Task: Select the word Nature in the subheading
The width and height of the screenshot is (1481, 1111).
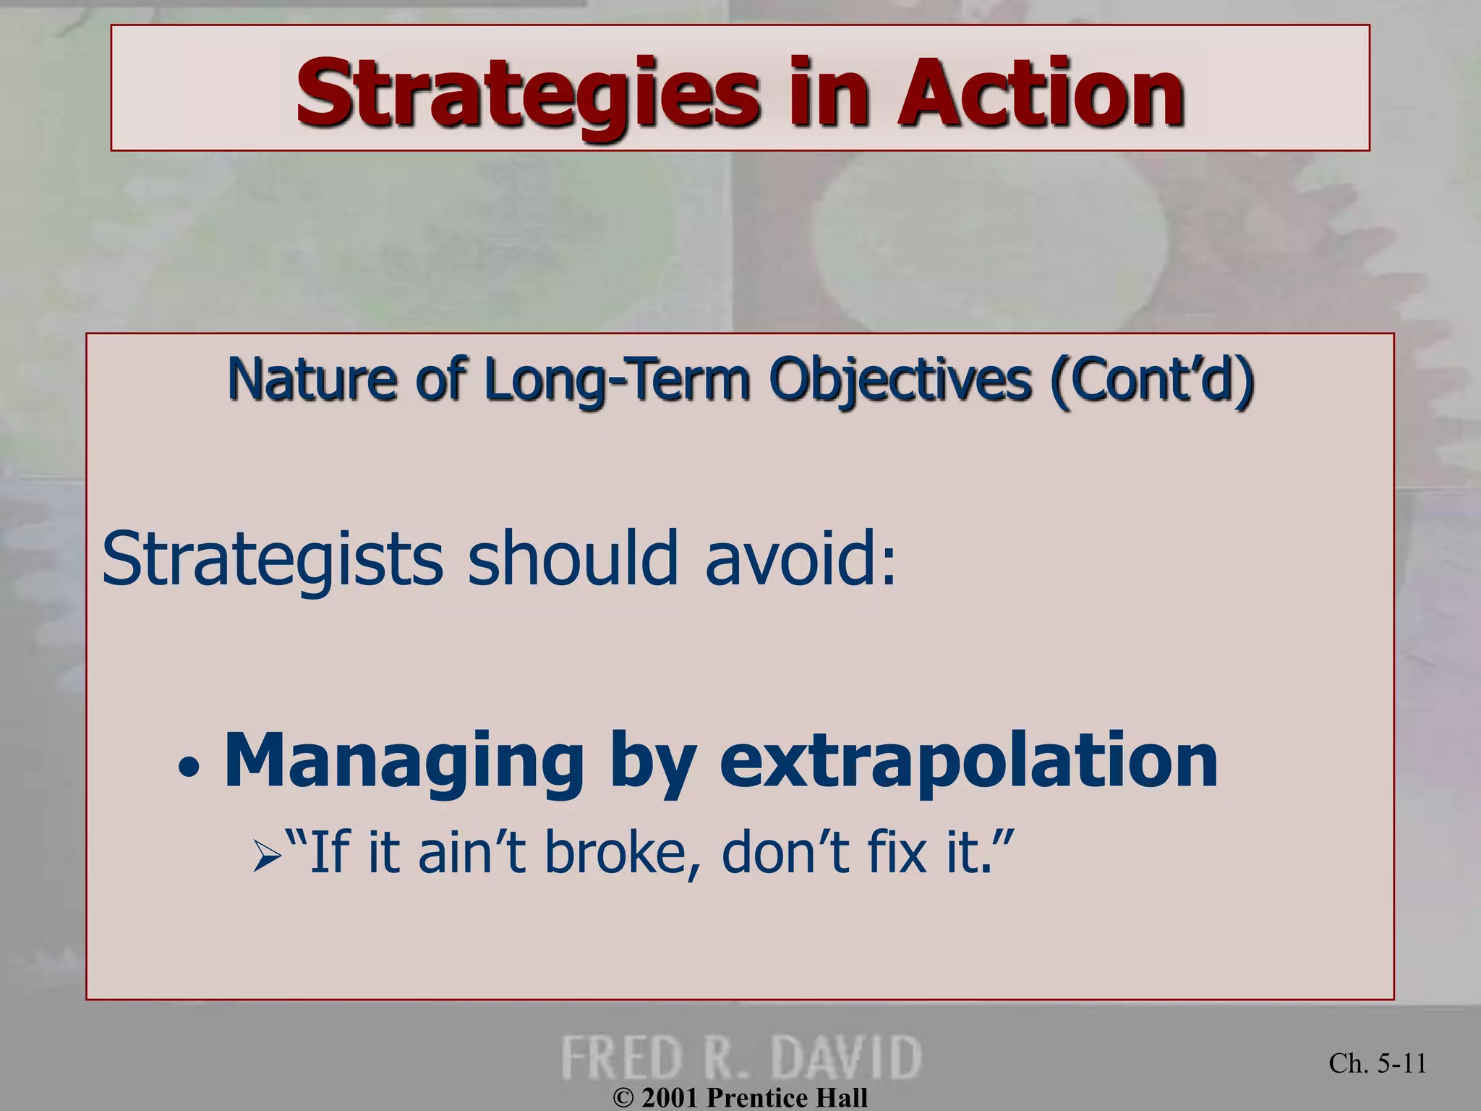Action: click(x=312, y=380)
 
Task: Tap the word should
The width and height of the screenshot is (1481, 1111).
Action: click(x=573, y=558)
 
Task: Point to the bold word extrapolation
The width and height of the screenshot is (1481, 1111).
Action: click(x=968, y=761)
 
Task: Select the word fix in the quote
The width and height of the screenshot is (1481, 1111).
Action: click(x=897, y=852)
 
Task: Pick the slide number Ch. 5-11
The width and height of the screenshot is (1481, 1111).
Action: click(x=1377, y=1063)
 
